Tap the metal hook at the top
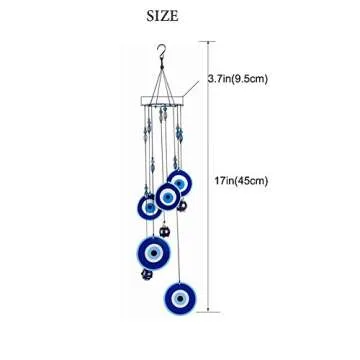pyautogui.click(x=160, y=53)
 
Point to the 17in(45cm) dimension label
pyautogui.click(x=244, y=180)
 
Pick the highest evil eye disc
pyautogui.click(x=180, y=182)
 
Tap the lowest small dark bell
pyautogui.click(x=147, y=272)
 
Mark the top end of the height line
pyautogui.click(x=208, y=42)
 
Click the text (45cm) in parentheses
pyautogui.click(x=256, y=180)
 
